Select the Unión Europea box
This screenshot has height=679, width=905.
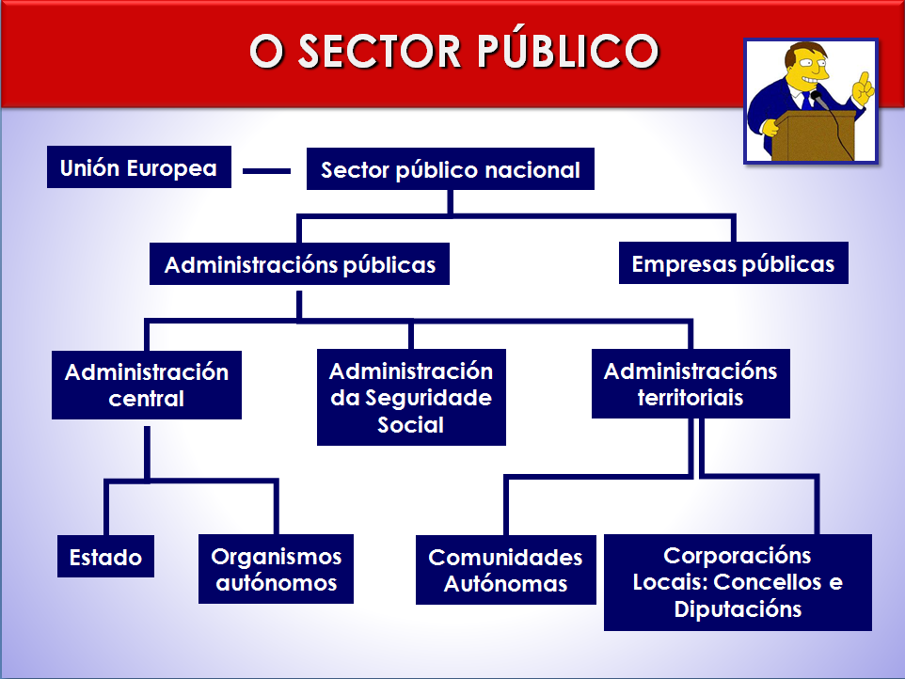pos(139,168)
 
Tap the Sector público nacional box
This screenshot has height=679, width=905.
pos(451,170)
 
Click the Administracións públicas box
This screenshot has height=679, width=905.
pos(300,265)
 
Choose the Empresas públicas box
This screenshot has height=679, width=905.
pos(733,264)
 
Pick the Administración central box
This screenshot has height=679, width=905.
pos(147,385)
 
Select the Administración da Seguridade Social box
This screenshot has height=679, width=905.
pos(411,398)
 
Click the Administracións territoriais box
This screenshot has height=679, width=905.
pos(691,384)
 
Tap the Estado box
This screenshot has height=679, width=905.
pos(105,557)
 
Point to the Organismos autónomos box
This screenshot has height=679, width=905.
pos(277,569)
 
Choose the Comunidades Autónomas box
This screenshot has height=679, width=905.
pos(506,570)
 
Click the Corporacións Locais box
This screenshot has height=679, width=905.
pos(738,582)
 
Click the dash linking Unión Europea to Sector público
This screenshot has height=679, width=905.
pos(267,171)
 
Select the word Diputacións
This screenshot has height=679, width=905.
pos(738,608)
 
